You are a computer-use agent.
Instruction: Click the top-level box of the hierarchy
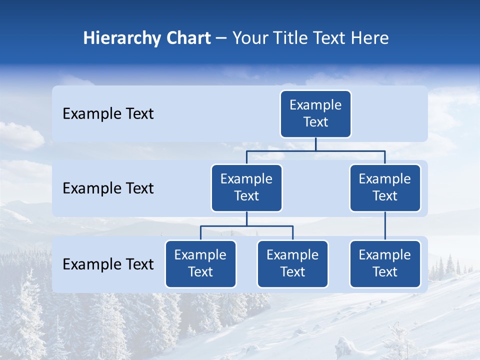315,113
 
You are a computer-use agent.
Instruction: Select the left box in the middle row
246,187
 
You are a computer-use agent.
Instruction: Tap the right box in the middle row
385,187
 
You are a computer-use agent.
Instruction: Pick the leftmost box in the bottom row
200,263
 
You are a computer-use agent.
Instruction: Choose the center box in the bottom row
292,263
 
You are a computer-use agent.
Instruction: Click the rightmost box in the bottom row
385,263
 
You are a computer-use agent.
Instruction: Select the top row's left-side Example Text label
108,114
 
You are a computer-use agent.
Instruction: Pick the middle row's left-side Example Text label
108,188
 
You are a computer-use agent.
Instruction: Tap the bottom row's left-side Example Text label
108,264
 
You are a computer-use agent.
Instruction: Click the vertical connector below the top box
315,144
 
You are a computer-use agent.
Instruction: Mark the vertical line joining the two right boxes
385,226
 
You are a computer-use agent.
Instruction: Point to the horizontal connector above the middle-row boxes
315,150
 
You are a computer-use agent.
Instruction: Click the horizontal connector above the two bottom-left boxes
246,226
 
